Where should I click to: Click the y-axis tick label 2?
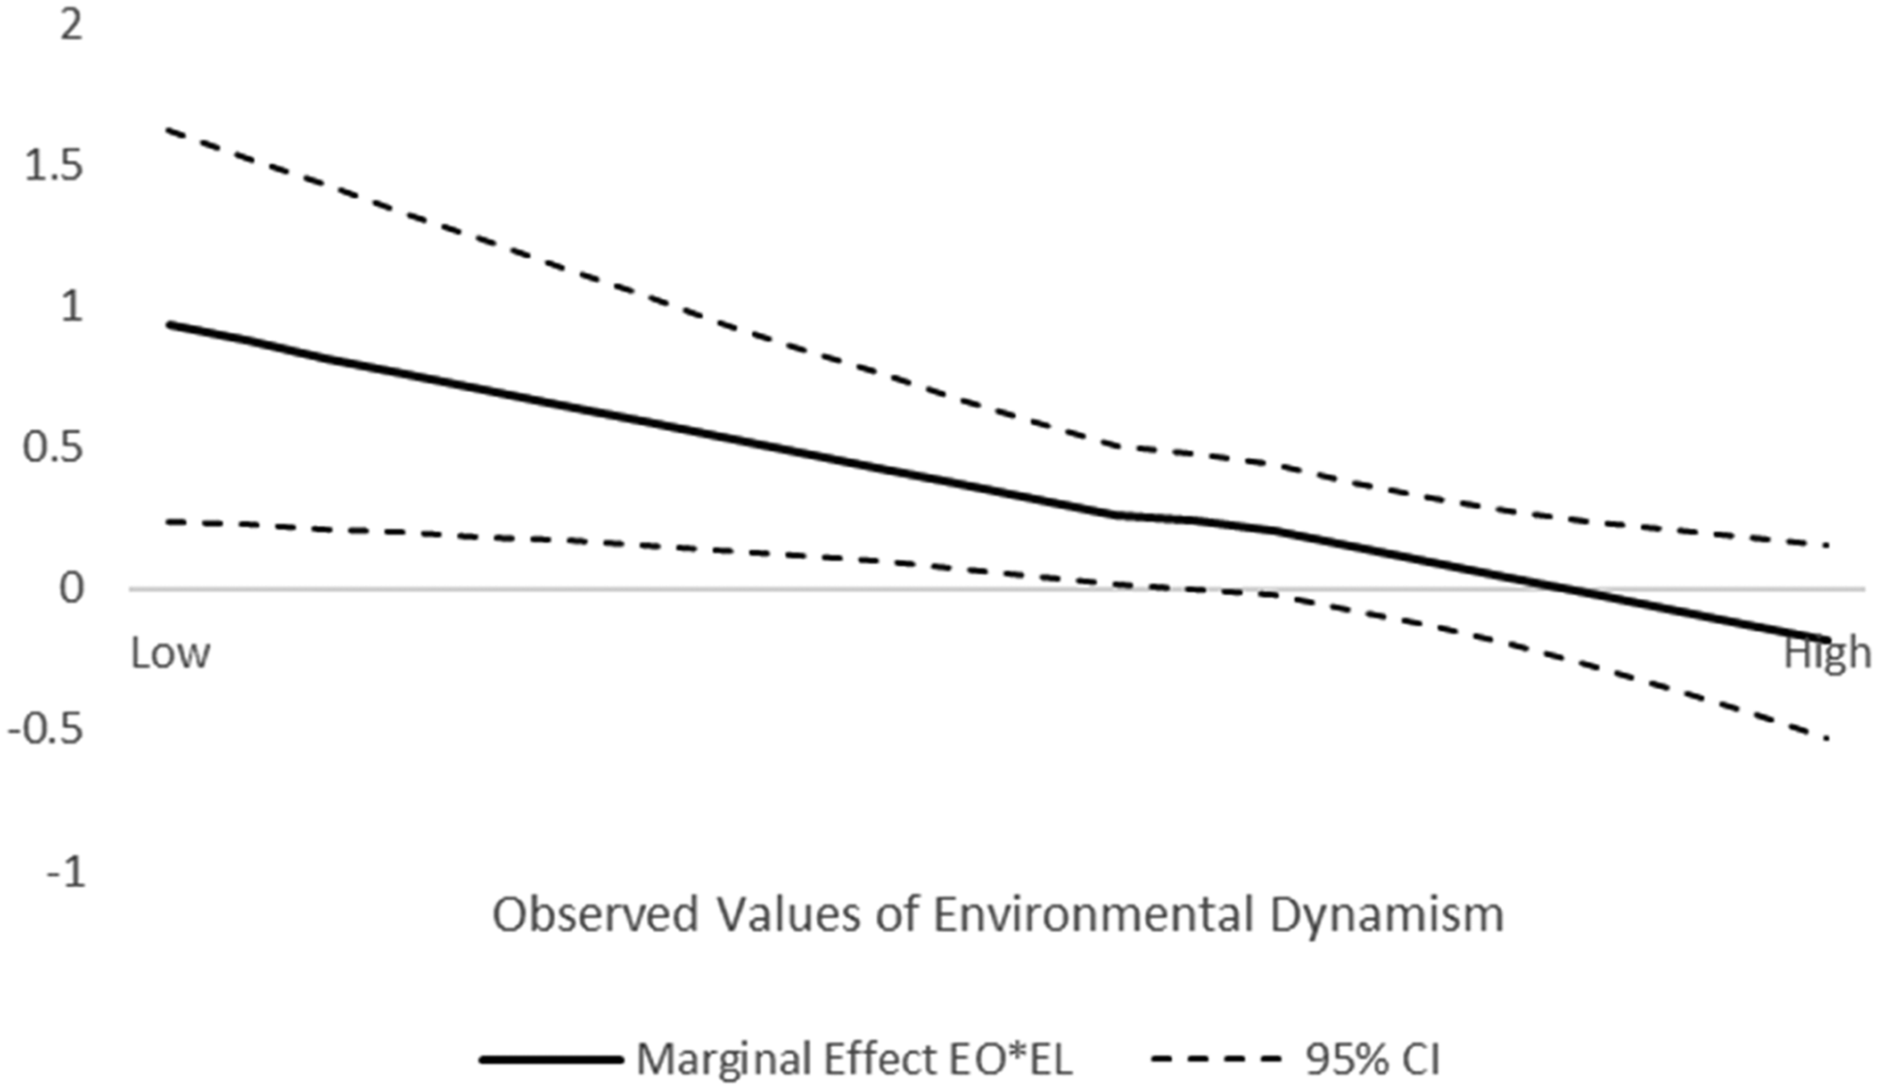click(71, 25)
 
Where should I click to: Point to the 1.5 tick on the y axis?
click(53, 166)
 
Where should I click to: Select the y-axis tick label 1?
click(71, 306)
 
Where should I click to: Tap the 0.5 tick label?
click(53, 447)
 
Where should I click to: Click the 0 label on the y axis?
click(71, 589)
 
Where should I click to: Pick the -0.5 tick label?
click(46, 729)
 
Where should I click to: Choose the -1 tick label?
click(66, 873)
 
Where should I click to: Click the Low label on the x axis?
click(170, 653)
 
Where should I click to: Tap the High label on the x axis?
click(1826, 653)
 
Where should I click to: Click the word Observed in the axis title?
click(596, 915)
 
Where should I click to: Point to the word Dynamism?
click(1387, 915)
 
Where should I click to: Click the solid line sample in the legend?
click(551, 1060)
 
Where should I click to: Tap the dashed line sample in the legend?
click(1215, 1060)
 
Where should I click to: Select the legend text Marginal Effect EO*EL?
click(854, 1060)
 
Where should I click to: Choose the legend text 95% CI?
click(1372, 1060)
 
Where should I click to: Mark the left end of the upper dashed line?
click(168, 129)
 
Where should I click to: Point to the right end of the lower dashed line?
click(1826, 738)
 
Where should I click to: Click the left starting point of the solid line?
click(168, 324)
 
